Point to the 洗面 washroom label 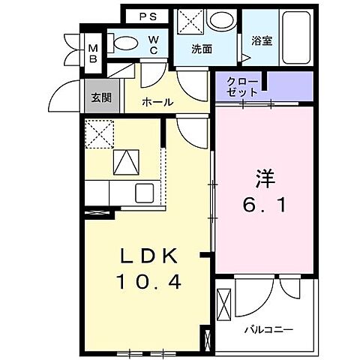click(202, 50)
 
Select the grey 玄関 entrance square click(100, 97)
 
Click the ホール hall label click(157, 102)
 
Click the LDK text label click(149, 257)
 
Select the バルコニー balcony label click(268, 329)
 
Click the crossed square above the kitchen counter click(98, 133)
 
